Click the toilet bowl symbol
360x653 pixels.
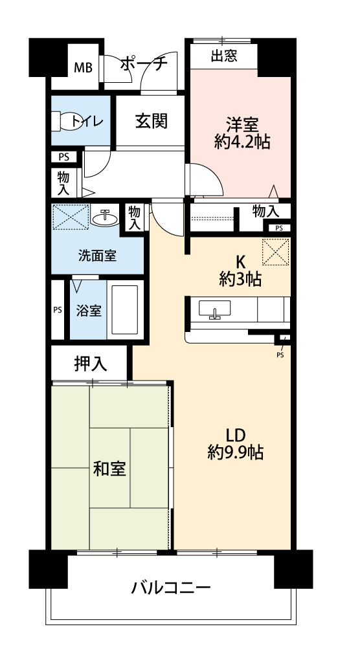[66, 121]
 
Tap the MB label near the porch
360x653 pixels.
[84, 68]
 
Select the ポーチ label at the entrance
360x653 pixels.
[144, 64]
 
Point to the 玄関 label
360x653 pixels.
[152, 121]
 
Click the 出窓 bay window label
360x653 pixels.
[224, 56]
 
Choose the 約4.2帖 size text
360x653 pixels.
[242, 143]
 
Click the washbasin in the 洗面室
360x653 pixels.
[105, 218]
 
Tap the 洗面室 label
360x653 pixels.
[98, 255]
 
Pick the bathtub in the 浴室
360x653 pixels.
[124, 309]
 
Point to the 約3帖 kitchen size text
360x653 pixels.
[240, 280]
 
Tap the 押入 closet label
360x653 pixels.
[91, 364]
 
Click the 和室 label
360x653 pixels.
[109, 469]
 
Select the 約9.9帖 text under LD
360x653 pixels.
[236, 452]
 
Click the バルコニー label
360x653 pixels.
[171, 588]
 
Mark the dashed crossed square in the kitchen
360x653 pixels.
[275, 251]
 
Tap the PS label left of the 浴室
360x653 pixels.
[58, 310]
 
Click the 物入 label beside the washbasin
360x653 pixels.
[134, 217]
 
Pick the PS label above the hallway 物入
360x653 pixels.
[63, 157]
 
